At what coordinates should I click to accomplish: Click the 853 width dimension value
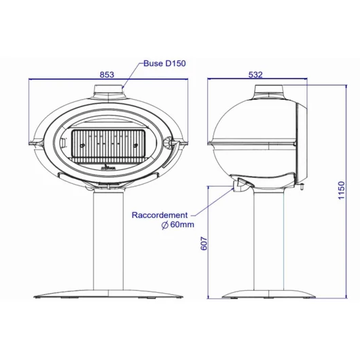(107, 75)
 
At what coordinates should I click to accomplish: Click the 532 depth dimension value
(255, 75)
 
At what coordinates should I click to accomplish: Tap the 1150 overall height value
(342, 190)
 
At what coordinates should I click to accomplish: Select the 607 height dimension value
(204, 243)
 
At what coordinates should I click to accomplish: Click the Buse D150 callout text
(164, 63)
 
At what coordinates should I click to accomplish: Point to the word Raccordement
(160, 215)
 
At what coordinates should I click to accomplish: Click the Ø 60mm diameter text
(178, 225)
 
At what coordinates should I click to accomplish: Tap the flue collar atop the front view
(109, 92)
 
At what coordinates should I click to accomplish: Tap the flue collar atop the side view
(270, 92)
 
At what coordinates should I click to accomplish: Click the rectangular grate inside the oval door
(109, 144)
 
